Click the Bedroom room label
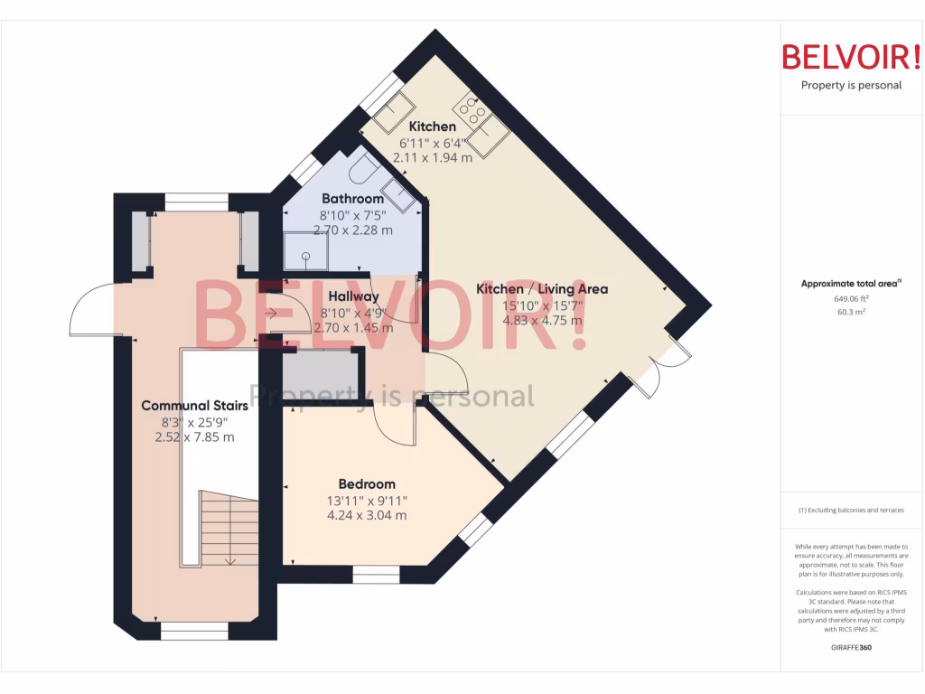coord(367,484)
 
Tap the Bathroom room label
coord(352,199)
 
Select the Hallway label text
coord(353,296)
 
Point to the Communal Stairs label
coord(194,406)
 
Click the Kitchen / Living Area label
coord(542,289)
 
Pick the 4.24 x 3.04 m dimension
coord(367,516)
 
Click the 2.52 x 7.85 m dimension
coord(194,437)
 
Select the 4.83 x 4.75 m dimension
coord(542,322)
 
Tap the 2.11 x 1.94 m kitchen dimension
coord(433,157)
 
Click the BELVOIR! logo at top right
coord(851,57)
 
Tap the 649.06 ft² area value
coord(851,298)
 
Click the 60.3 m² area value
coord(851,313)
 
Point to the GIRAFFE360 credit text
coord(851,647)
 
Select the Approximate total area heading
coord(851,283)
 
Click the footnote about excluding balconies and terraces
coord(851,511)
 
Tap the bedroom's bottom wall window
coord(376,574)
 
